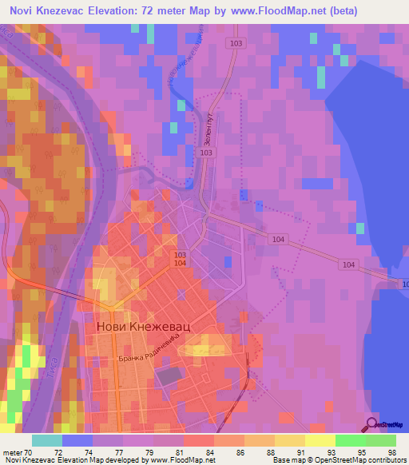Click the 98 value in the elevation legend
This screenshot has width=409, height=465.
[x=391, y=451]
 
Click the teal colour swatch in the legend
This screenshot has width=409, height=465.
[x=46, y=440]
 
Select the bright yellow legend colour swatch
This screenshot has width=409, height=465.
[x=320, y=440]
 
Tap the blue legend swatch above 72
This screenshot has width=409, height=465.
[x=77, y=440]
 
